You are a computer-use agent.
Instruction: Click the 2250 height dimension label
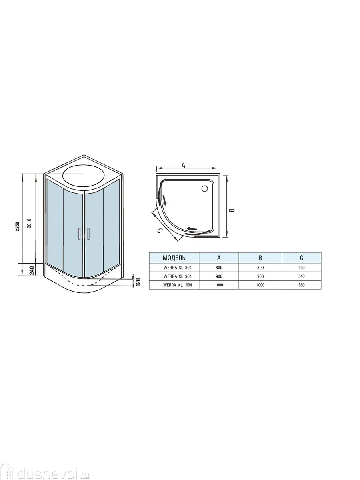tap(18, 226)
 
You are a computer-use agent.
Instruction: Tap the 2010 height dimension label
tap(29, 223)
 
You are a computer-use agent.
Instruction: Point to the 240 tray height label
tap(32, 270)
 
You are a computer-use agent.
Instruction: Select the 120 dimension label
tap(138, 282)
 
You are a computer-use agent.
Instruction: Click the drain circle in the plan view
tap(205, 188)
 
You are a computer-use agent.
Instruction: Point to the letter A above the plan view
tap(183, 166)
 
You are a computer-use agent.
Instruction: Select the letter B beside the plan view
tap(231, 210)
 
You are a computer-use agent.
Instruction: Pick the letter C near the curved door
tap(160, 231)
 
